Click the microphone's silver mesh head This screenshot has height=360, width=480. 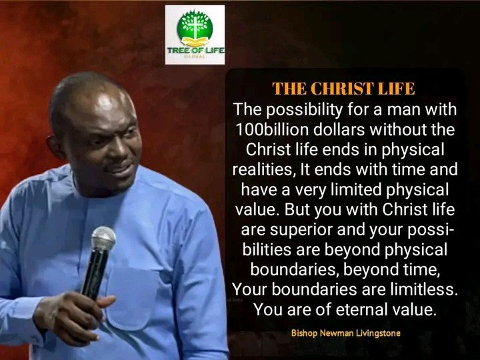[103, 239]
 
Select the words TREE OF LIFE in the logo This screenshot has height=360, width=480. [196, 50]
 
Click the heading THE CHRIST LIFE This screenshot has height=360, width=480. [343, 89]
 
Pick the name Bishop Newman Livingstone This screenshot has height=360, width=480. [345, 333]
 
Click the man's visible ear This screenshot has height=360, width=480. [56, 147]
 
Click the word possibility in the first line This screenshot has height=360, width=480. [304, 110]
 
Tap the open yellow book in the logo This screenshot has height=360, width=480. [195, 42]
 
